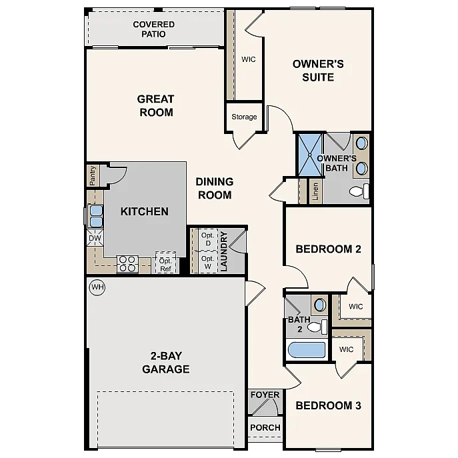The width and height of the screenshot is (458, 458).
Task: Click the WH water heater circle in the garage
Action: tap(97, 287)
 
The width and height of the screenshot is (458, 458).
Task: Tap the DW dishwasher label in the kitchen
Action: tap(94, 237)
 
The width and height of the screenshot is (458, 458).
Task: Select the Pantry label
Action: tap(93, 176)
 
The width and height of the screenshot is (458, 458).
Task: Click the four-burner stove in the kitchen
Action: tap(127, 264)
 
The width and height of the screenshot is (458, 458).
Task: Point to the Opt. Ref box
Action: tap(165, 263)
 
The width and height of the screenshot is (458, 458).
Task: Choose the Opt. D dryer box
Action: tap(207, 239)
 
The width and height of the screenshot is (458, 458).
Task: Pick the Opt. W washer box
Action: tap(207, 261)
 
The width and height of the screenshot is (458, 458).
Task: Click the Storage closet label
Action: tap(244, 117)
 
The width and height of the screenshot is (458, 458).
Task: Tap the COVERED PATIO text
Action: tap(153, 29)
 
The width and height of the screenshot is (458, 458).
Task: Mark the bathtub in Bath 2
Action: tap(307, 350)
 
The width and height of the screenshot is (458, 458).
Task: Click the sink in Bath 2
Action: tap(319, 305)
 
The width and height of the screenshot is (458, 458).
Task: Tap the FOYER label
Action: tap(265, 395)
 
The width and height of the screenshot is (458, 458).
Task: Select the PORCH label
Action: tap(265, 427)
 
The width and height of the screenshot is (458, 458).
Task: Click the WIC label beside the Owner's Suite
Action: tap(249, 59)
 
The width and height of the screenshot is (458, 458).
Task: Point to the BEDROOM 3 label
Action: tap(328, 405)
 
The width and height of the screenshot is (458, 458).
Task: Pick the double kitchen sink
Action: tap(95, 216)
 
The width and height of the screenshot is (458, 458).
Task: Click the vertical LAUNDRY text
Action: tap(224, 251)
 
